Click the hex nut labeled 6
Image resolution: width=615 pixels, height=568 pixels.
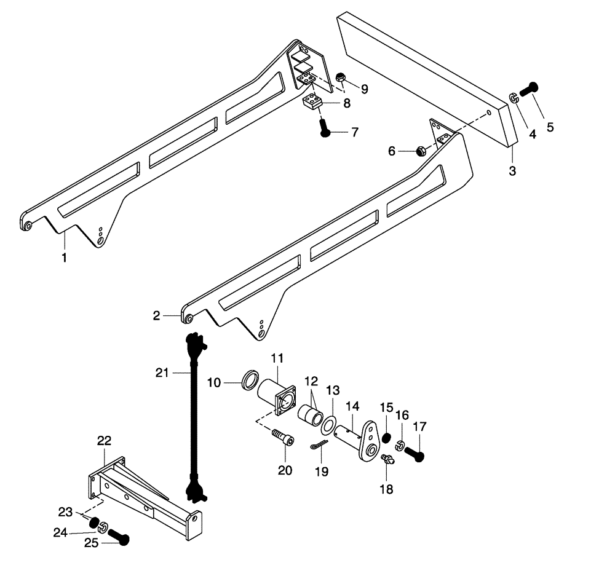click(420, 150)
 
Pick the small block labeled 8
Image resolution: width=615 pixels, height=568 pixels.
click(312, 101)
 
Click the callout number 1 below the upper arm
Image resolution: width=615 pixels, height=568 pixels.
click(63, 257)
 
